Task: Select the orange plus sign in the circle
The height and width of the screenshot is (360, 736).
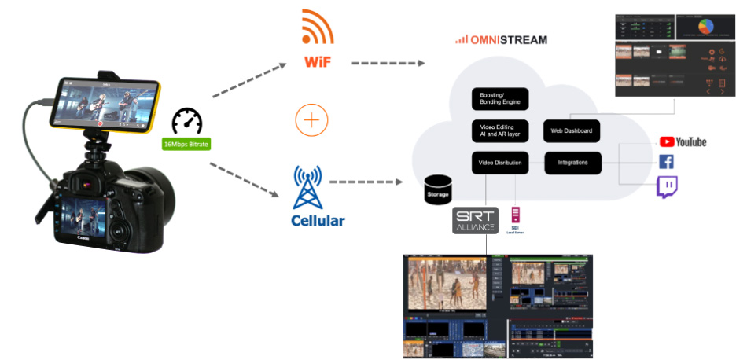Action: (311, 120)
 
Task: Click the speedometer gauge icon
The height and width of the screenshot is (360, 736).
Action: (188, 121)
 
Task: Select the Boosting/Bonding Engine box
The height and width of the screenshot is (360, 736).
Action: (500, 98)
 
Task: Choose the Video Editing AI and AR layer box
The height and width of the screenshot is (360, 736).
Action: (500, 130)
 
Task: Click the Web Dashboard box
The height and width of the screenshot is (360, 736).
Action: (572, 130)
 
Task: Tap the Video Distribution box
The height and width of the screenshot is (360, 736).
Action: (500, 163)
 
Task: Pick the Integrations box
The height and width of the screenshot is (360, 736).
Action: (572, 163)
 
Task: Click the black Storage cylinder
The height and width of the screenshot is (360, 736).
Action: (438, 188)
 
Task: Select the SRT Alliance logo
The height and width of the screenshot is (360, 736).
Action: (475, 219)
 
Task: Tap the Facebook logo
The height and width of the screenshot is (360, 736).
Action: (666, 163)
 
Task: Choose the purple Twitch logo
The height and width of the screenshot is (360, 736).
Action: (667, 187)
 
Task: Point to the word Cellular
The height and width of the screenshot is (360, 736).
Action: (318, 220)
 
